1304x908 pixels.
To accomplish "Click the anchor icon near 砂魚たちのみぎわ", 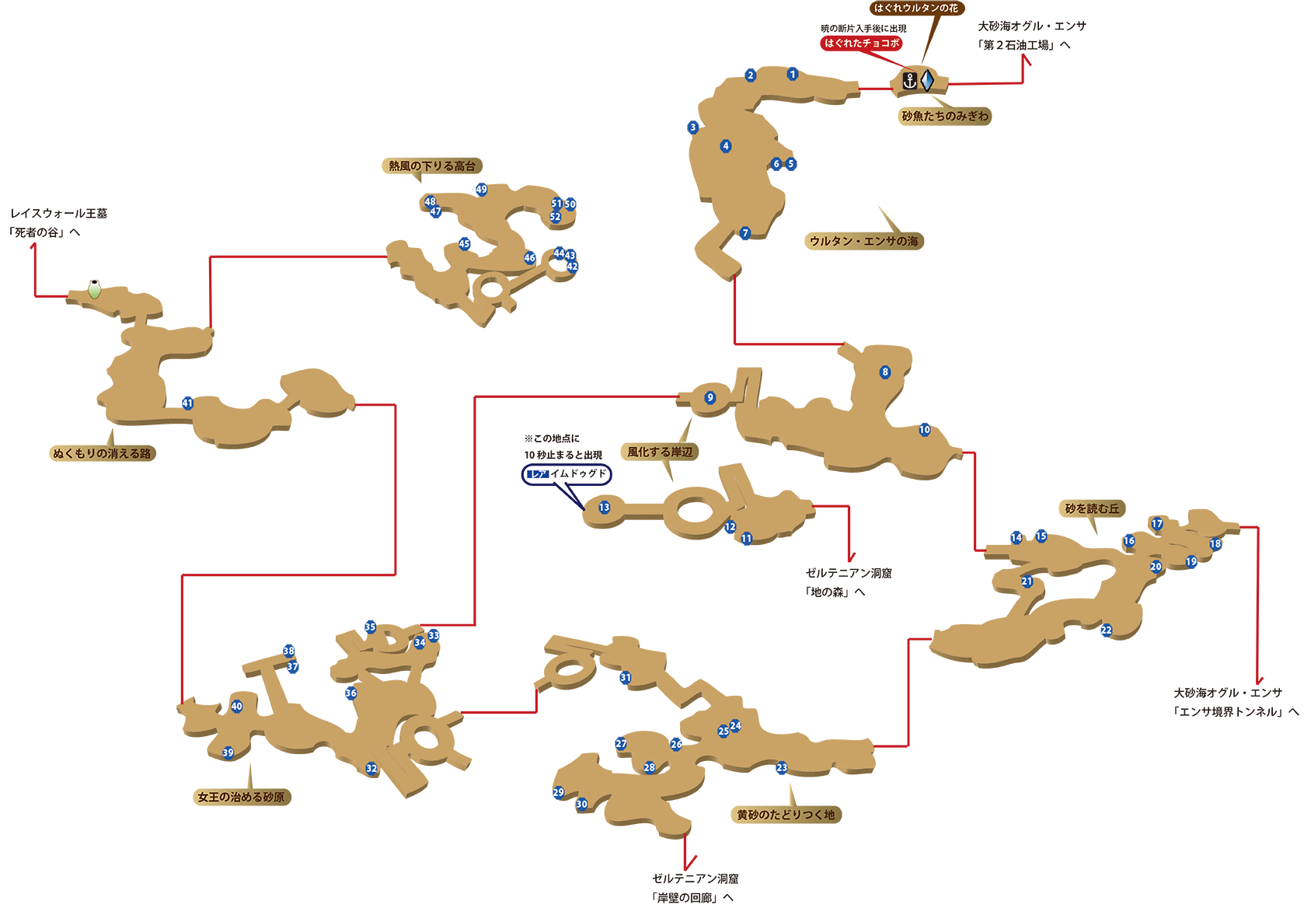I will pos(909,80).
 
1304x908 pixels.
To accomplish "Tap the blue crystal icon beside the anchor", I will pos(927,80).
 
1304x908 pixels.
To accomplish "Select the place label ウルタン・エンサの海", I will pos(863,241).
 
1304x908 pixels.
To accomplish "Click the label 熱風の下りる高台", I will pos(432,166).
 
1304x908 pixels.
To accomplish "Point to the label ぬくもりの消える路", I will pos(102,453).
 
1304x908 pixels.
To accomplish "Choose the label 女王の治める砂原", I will pos(241,797).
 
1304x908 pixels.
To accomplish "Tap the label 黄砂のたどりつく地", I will pos(786,815).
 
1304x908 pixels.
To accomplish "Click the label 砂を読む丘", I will pos(1092,508).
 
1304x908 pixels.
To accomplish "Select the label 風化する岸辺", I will pos(660,452).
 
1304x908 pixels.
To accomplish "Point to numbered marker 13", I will pos(604,508).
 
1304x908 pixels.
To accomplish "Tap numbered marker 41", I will pos(187,403).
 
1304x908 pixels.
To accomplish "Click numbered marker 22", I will pos(1106,630).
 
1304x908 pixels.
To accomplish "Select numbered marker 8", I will pos(884,372).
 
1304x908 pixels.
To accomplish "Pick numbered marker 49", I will pos(481,189).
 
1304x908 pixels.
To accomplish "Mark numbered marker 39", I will pos(228,753).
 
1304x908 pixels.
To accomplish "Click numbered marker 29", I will pos(558,792).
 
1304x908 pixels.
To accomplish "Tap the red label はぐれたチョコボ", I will pos(862,43).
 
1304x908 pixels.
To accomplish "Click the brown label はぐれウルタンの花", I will pos(915,8).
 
